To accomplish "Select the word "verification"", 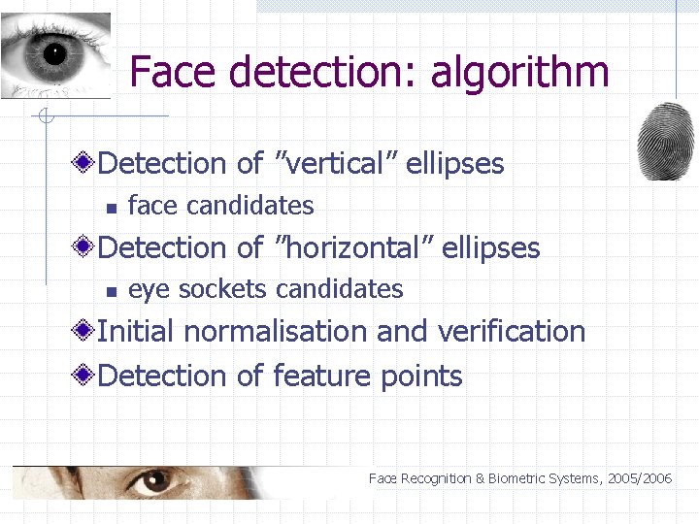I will click(512, 331).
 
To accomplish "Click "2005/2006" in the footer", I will click(641, 478).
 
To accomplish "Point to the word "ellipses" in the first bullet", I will click(455, 163).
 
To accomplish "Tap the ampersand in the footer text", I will click(481, 478).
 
